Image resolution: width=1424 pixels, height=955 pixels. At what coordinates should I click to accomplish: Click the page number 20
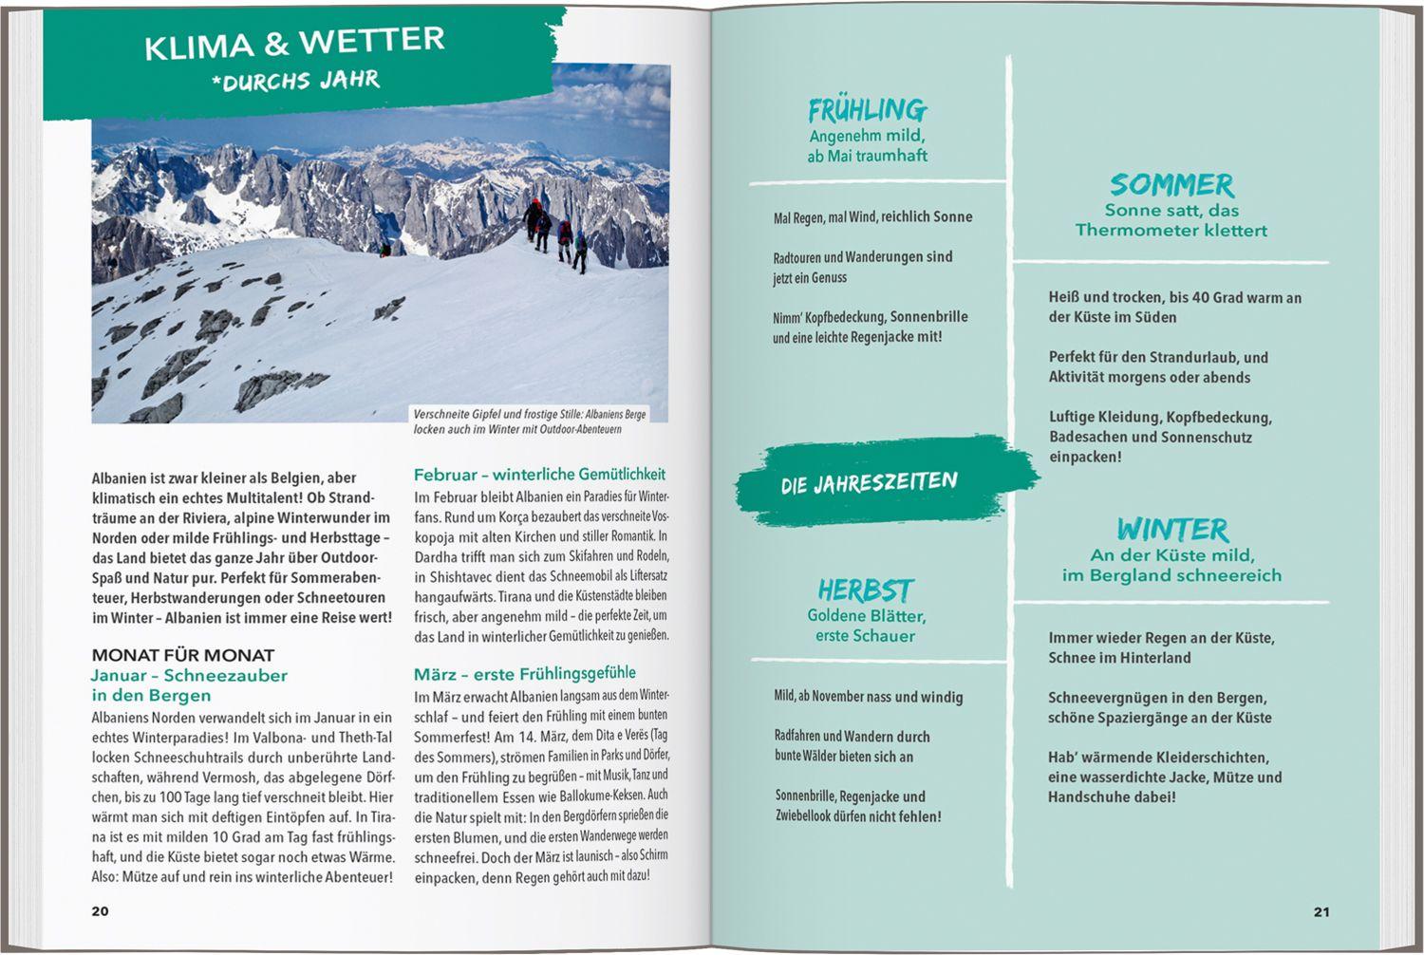click(x=100, y=911)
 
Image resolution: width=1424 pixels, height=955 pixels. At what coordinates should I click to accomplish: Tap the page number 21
click(x=1321, y=912)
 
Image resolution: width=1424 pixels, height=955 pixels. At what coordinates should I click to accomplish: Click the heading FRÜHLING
click(x=867, y=110)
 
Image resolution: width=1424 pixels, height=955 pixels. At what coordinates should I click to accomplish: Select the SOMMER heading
click(x=1171, y=184)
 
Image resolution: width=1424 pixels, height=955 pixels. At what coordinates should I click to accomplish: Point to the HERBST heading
click(x=865, y=590)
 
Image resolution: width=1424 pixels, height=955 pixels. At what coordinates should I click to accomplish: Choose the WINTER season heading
click(x=1171, y=529)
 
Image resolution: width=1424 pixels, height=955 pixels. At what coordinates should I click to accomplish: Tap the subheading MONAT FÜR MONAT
click(x=183, y=655)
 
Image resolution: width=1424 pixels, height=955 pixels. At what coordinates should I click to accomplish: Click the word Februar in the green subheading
click(x=444, y=474)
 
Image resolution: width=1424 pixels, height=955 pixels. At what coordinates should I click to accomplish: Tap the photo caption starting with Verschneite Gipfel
click(x=530, y=421)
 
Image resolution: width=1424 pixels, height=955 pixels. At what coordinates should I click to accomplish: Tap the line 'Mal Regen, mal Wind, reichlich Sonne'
click(x=872, y=217)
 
